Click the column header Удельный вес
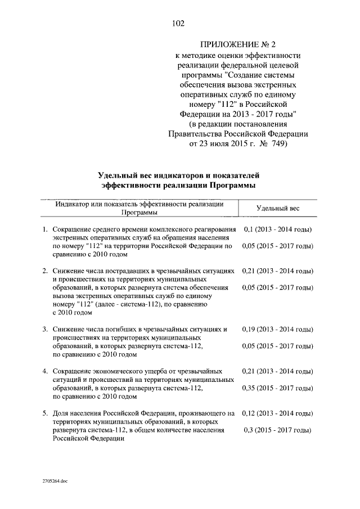278,209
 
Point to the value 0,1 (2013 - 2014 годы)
278,230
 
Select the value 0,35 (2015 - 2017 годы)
278,388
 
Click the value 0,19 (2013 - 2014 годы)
278,329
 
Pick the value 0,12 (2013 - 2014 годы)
278,413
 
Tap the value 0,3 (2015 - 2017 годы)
278,430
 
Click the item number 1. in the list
46,230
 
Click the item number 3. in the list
46,329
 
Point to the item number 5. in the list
46,413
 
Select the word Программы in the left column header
139,213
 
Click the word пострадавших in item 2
128,271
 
